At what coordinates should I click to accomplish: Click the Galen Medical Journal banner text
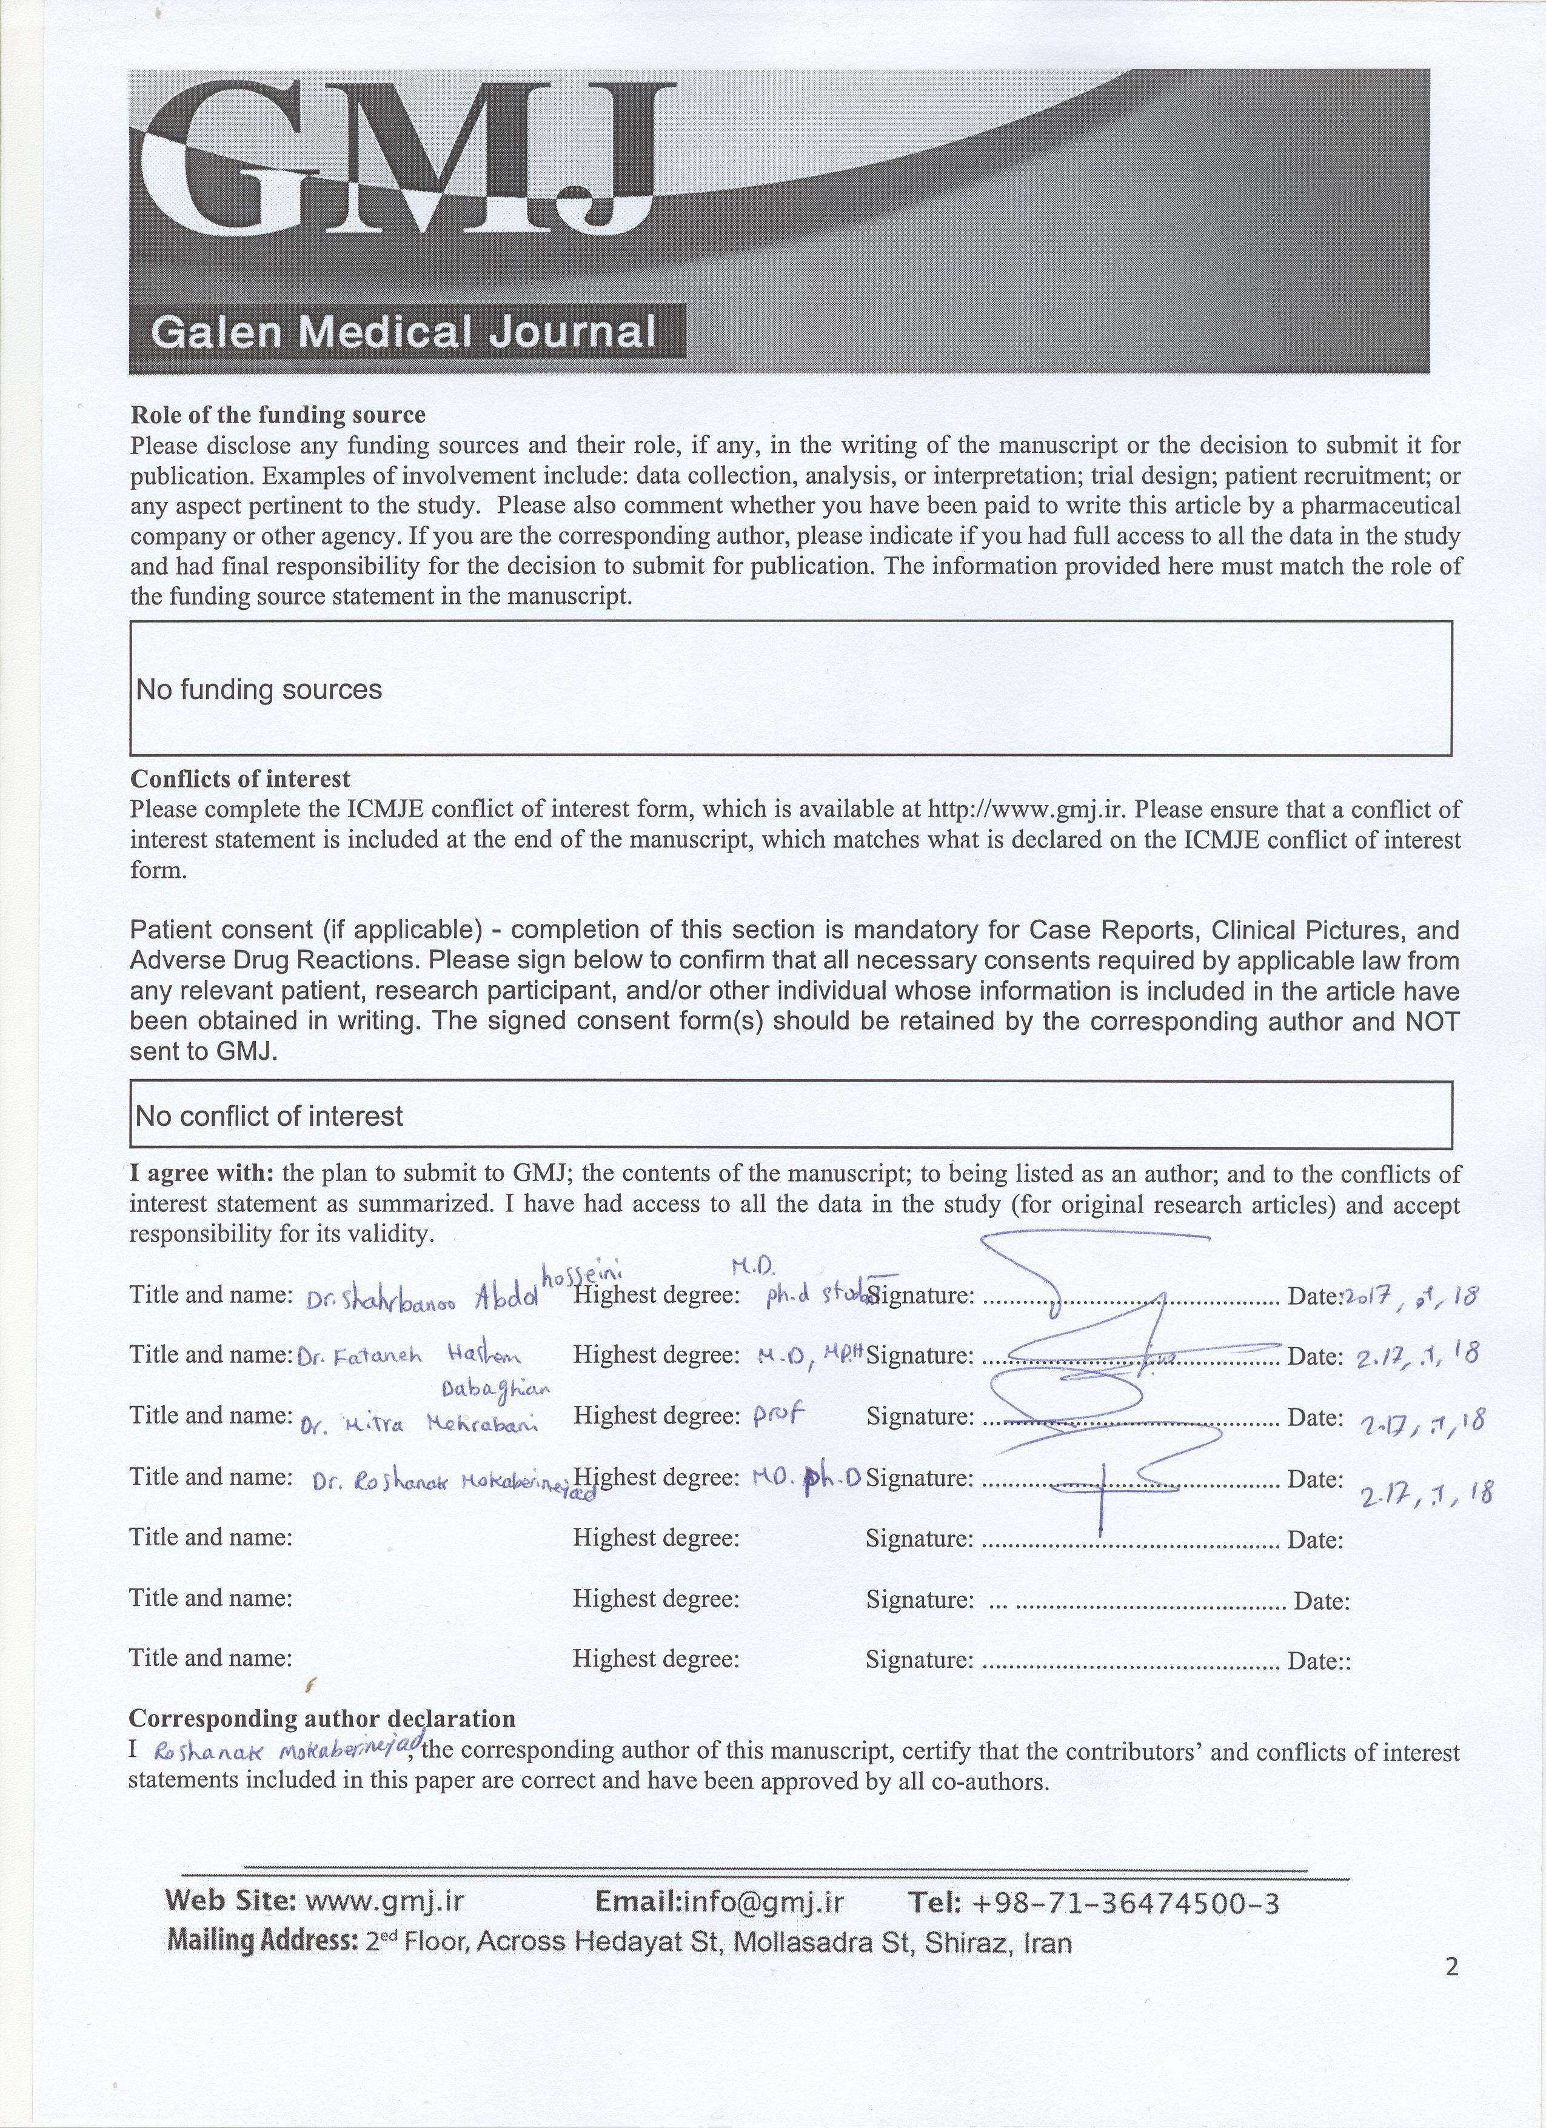coord(403,332)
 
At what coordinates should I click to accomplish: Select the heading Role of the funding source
coord(278,415)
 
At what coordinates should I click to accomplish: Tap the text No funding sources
coord(259,690)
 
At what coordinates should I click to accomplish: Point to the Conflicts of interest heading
coord(240,779)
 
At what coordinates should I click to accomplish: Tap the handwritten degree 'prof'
coord(780,1417)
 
